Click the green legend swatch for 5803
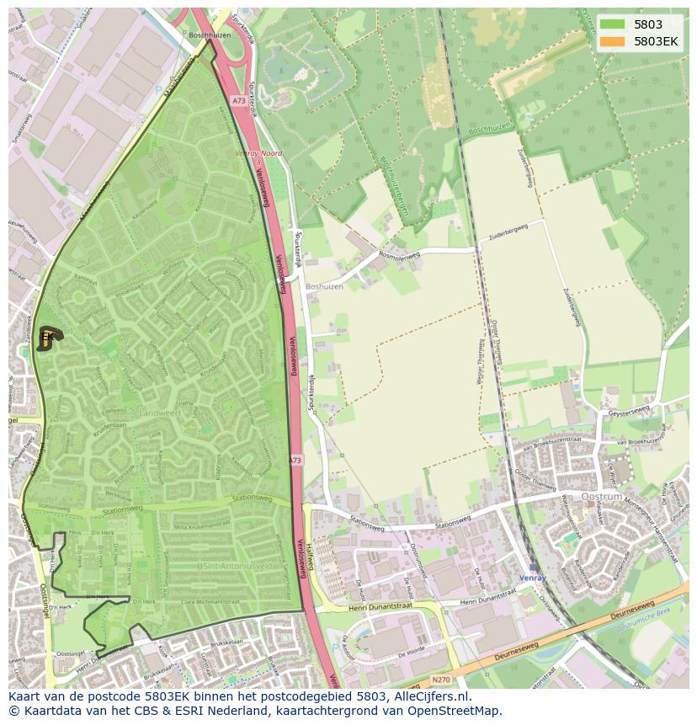614,24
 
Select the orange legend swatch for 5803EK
614,40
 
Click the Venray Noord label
258,153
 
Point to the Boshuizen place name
326,285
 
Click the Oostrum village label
601,497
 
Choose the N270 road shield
440,679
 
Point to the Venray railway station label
532,578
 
